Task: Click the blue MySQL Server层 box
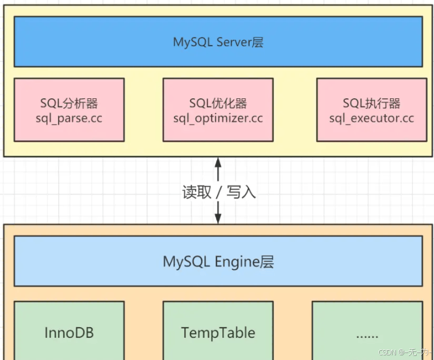tap(218, 42)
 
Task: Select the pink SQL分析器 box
tap(69, 110)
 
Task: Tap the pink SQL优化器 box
tap(218, 110)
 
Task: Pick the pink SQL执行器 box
tap(371, 110)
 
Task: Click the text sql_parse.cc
tap(69, 118)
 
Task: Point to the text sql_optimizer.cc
tap(218, 118)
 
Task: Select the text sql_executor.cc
tap(371, 118)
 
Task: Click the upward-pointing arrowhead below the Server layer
tap(218, 162)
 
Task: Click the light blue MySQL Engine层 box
tap(218, 261)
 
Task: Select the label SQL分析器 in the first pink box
tap(69, 104)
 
